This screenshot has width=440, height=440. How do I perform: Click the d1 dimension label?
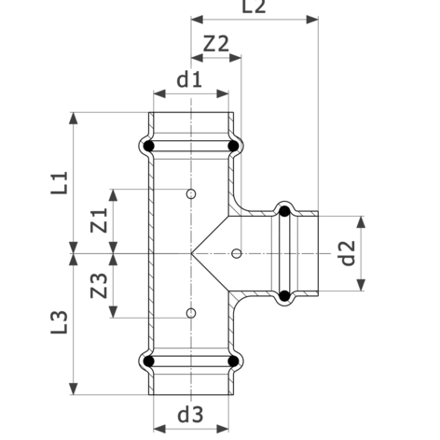(x=189, y=79)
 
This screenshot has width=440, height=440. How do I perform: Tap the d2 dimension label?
(x=348, y=253)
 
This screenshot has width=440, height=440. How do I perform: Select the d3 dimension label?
(x=190, y=415)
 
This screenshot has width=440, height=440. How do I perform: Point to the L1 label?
(x=60, y=183)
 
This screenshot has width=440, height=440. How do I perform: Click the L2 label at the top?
(x=254, y=7)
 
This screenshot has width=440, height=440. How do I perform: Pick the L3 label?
(x=60, y=322)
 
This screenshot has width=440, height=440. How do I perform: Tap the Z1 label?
(x=99, y=220)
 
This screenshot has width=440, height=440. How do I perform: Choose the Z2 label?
(x=216, y=44)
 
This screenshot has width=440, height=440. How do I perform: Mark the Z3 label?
(x=99, y=286)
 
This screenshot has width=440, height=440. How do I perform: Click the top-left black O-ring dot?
(x=149, y=146)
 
